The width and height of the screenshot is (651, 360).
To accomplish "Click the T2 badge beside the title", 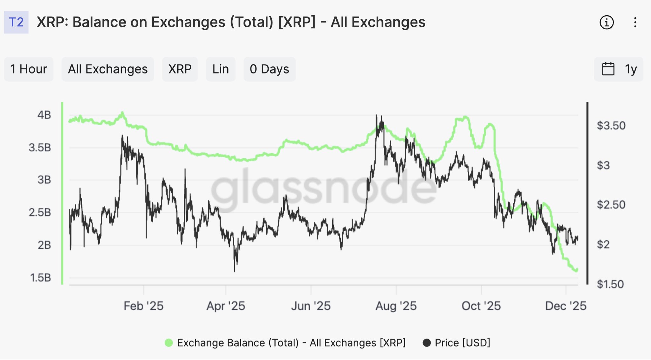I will [16, 22].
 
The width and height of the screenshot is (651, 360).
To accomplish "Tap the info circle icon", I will [606, 23].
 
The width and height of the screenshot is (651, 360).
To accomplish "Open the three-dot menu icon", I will [635, 23].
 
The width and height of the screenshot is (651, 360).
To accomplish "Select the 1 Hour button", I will [29, 69].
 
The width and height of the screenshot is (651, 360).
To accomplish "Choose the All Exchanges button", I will [108, 69].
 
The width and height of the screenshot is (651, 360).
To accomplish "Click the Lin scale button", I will [221, 69].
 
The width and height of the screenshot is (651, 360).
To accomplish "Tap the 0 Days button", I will [269, 69].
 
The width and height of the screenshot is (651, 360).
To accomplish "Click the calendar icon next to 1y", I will [608, 69].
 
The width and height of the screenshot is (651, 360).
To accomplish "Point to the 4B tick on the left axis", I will [44, 115].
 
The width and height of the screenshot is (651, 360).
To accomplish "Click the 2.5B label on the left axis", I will [40, 212].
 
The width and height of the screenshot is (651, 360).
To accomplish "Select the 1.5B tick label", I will [41, 278].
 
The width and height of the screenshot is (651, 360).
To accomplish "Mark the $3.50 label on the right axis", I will [611, 126].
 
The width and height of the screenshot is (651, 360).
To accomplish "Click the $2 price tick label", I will [603, 245].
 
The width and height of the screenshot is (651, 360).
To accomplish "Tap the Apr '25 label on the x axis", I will [226, 306].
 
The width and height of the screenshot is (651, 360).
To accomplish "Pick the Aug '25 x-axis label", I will [396, 306].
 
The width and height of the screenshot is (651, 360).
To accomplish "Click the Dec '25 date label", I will [565, 306].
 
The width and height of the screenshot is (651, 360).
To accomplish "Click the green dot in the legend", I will [169, 343].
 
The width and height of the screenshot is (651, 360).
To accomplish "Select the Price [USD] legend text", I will [462, 343].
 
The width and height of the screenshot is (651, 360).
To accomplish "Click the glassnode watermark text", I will [324, 188].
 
